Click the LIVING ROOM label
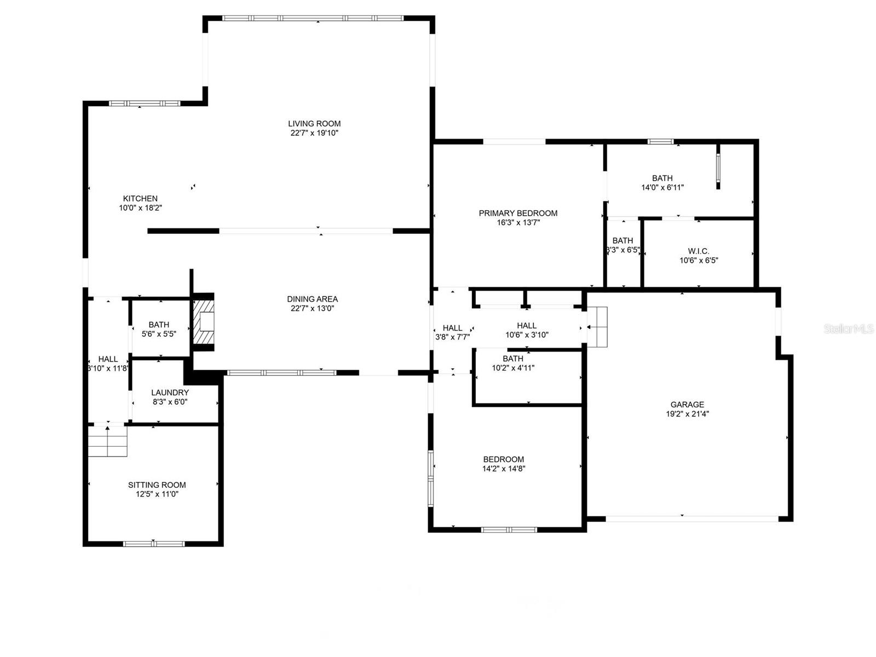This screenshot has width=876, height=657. (x=314, y=124)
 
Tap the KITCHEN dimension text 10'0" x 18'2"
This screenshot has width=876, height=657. (x=140, y=208)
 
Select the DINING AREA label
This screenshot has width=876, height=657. (x=312, y=299)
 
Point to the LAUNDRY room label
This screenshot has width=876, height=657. (x=170, y=393)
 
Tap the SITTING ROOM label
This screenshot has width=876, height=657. (x=157, y=485)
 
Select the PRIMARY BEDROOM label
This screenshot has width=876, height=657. (x=518, y=213)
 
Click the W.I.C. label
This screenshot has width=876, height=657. (x=698, y=251)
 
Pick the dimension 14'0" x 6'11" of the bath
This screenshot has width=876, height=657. (x=662, y=187)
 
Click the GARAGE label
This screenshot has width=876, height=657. (x=687, y=405)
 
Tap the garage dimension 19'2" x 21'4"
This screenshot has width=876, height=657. (x=687, y=414)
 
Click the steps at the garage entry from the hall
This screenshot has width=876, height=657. (x=597, y=327)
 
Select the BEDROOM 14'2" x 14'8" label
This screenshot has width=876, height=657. (x=503, y=459)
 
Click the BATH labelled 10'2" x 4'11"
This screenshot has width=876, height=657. (x=513, y=359)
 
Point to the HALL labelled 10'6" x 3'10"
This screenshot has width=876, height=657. (x=527, y=325)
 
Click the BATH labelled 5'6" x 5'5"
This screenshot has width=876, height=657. (x=159, y=325)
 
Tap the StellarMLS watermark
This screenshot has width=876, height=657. (x=849, y=328)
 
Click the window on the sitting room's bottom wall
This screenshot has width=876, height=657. (x=154, y=544)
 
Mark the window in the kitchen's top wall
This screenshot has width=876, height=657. (x=145, y=103)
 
